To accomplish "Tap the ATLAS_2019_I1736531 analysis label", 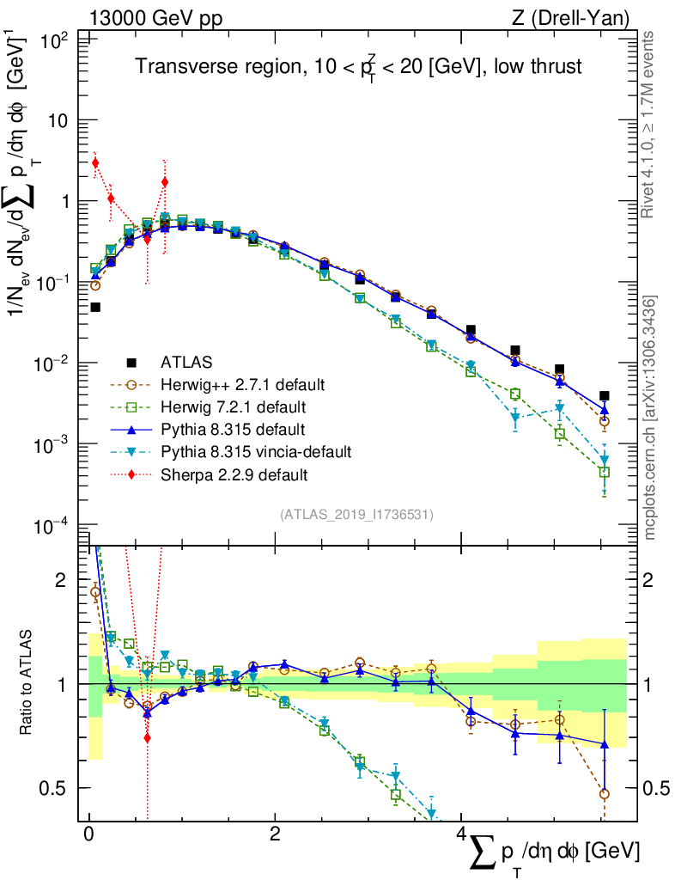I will tap(356, 515).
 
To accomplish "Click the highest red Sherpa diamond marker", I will tap(95, 163).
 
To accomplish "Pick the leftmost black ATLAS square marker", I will tap(95, 307).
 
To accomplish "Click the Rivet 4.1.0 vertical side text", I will tap(650, 125).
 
